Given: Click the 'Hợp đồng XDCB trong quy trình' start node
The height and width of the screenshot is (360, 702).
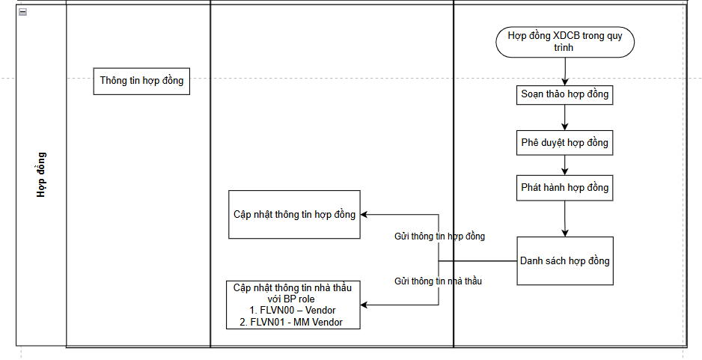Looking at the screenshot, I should [565, 41].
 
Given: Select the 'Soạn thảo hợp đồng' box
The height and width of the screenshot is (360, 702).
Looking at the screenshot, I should [565, 95].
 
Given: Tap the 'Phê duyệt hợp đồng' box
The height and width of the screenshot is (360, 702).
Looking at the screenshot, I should [565, 142].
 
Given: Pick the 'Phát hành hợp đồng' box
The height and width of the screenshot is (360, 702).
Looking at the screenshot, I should [565, 188].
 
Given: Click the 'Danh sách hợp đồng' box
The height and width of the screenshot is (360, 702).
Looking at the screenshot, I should [565, 261].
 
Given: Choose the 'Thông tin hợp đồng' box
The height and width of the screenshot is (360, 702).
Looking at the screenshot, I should [141, 81].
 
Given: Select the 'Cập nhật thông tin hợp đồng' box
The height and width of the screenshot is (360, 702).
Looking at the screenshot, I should [294, 215].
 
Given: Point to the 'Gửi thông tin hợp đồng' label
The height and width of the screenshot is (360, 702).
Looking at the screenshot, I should [439, 237].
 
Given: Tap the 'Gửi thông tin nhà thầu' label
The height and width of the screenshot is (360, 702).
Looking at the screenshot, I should [438, 281].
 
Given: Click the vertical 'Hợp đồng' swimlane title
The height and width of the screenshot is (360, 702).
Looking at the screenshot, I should [41, 175].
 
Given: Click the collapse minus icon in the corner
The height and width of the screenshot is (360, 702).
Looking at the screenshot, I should [22, 13].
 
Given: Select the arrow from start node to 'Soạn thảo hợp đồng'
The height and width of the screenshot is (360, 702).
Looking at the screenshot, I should [565, 72].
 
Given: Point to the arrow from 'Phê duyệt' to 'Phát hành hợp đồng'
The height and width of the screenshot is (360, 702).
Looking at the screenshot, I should [565, 165].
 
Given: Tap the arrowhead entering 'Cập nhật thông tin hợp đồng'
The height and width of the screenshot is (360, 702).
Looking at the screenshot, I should [364, 216].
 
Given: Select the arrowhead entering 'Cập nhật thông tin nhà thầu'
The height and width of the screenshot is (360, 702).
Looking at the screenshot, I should [364, 305].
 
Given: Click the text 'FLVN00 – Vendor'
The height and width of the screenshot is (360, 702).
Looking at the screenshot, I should [298, 311].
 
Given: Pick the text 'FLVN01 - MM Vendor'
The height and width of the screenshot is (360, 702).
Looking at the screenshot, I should [298, 322].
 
